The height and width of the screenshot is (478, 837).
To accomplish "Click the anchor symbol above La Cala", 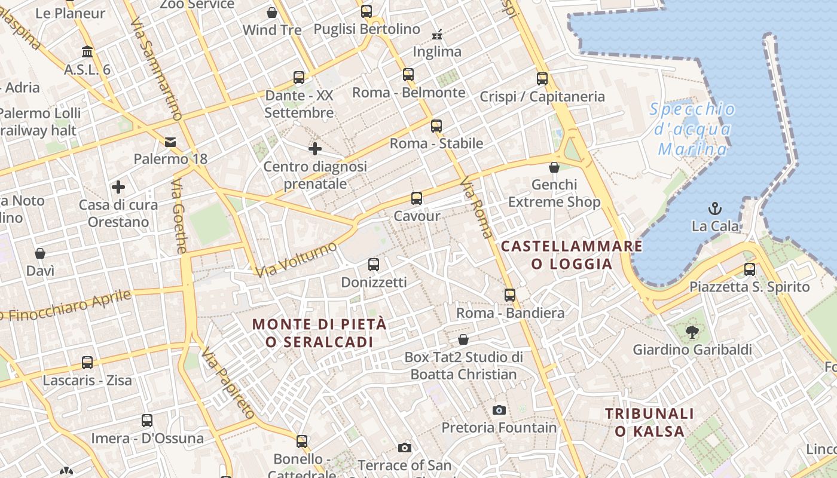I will point(714,209).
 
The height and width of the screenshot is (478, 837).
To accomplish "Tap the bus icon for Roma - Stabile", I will point(436,126).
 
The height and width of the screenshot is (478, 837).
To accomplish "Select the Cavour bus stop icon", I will point(417,198).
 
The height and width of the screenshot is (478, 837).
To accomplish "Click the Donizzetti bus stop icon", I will point(374,265).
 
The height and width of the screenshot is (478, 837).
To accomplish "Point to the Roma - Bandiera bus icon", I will point(510,295).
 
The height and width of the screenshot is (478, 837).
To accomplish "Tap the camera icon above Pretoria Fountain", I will point(499,410).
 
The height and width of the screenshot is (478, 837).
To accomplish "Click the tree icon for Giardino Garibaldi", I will point(692,332).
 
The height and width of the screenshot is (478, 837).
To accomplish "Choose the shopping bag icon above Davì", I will point(40,253).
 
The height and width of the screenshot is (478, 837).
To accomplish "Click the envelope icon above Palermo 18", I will point(170,142).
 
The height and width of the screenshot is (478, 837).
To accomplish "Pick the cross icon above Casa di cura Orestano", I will point(118,187).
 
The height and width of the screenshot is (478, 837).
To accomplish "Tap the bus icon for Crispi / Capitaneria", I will point(542,78).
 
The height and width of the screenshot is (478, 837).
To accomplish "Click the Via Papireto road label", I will point(228,382).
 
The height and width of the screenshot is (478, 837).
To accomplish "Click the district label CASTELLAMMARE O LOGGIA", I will point(572,255).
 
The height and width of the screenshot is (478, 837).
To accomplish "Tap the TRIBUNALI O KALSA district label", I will point(649,422).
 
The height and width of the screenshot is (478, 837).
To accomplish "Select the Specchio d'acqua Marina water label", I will point(692,128).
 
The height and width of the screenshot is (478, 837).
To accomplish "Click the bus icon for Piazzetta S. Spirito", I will point(750,269).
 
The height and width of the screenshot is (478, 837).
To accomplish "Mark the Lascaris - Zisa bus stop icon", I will point(87,363).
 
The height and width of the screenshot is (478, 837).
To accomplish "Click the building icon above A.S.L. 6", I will point(87,52).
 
